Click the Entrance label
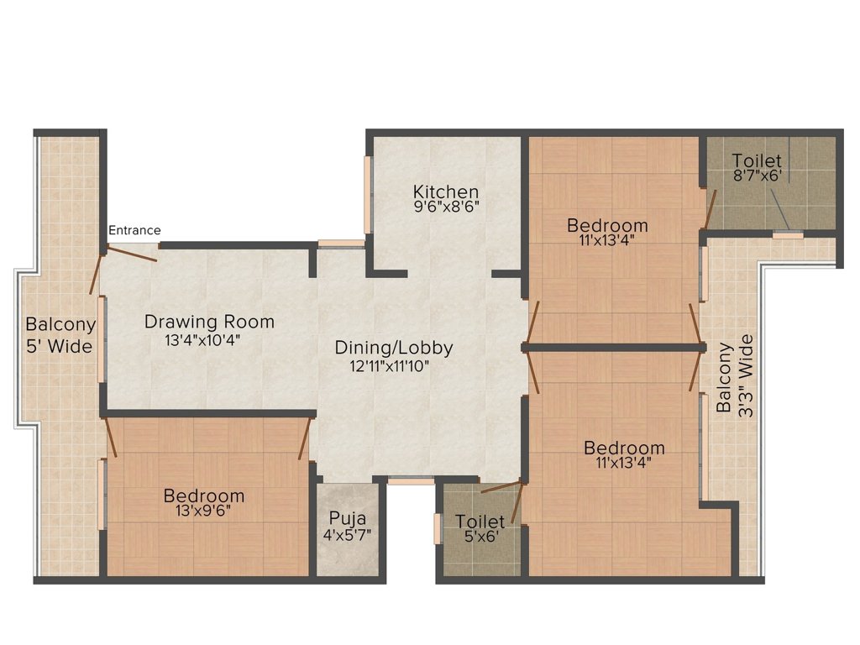point(134,230)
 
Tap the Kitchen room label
point(446,192)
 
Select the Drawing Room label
point(209,322)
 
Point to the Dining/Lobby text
point(394,348)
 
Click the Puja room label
point(348,519)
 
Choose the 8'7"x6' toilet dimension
point(758,176)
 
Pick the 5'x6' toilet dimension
point(482,535)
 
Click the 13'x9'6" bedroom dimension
point(203,510)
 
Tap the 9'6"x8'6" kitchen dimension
point(447,207)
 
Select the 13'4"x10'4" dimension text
point(203,340)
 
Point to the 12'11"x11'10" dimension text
point(390,366)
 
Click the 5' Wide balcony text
point(60,347)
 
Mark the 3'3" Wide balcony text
point(746,376)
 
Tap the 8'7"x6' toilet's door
point(710,208)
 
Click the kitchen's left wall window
point(368,195)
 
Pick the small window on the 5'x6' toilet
point(438,529)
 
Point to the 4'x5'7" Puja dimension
point(347,535)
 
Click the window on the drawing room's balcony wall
point(102,339)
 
